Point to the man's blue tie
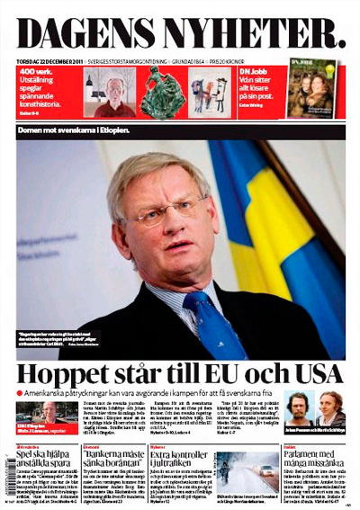point(203,319)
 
